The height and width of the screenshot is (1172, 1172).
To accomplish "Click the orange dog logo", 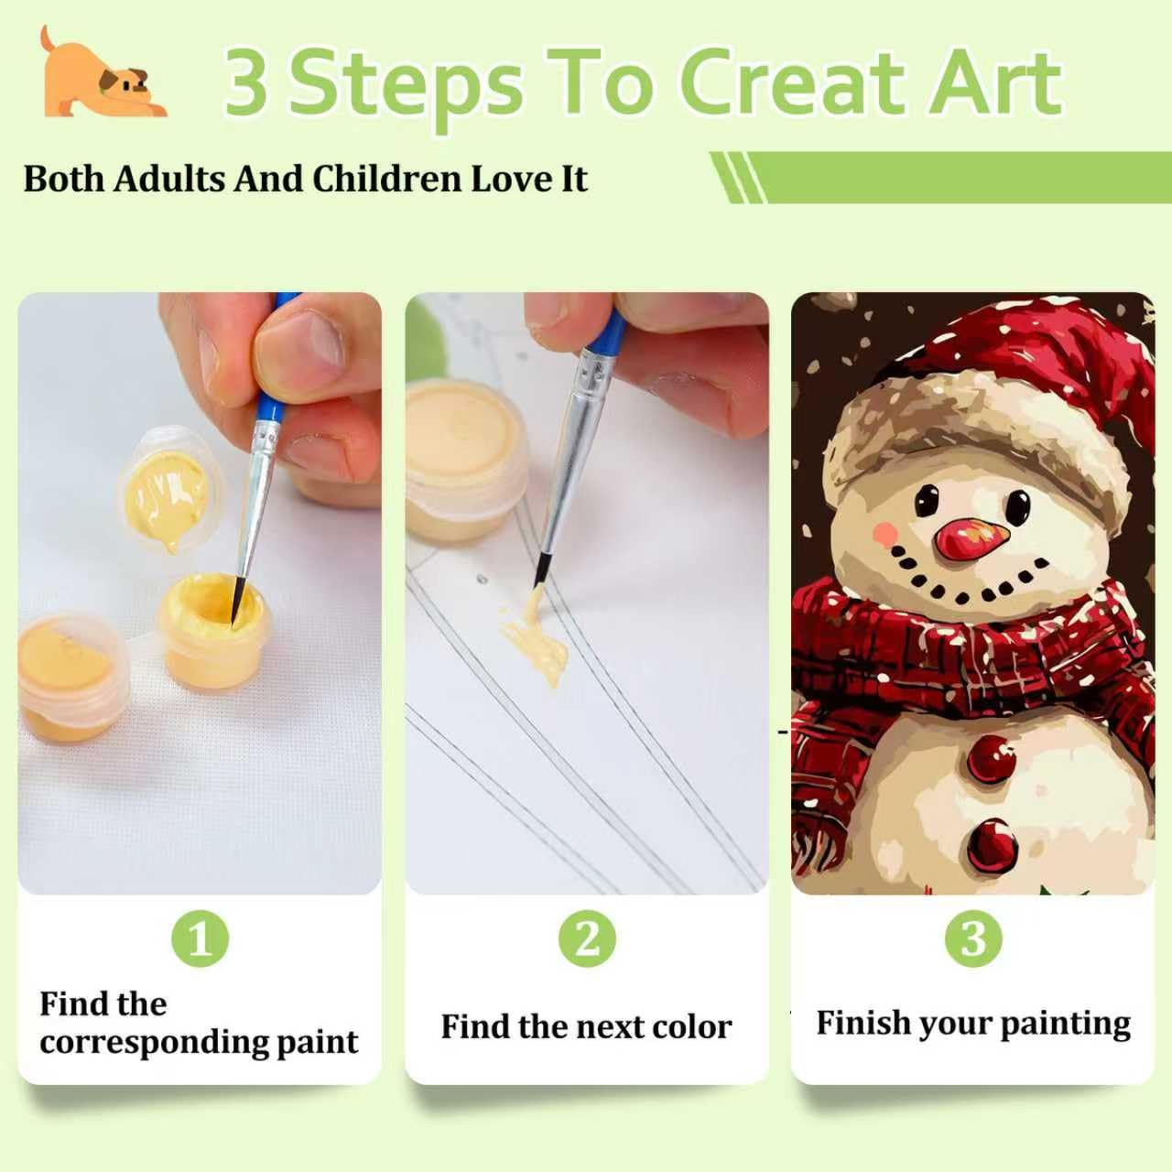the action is coord(103,73).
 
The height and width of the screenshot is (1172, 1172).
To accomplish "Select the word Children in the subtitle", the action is coord(386,179).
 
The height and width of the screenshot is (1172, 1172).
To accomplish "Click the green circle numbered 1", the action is coord(201,939).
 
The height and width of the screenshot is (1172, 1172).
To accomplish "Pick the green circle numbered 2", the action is coord(587,939).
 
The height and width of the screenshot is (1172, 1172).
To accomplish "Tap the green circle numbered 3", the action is coord(973,939).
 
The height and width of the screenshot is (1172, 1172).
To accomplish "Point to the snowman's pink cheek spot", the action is coord(884,534).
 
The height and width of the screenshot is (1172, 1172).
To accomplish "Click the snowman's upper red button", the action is coord(991,758).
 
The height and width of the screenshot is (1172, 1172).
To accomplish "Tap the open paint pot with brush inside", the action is coord(212,629).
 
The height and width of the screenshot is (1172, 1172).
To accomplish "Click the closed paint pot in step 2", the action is coord(465,460).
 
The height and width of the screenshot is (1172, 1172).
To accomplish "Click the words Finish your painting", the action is coord(973,1024).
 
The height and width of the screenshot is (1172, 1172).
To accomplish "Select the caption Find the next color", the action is coord(586,1026).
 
